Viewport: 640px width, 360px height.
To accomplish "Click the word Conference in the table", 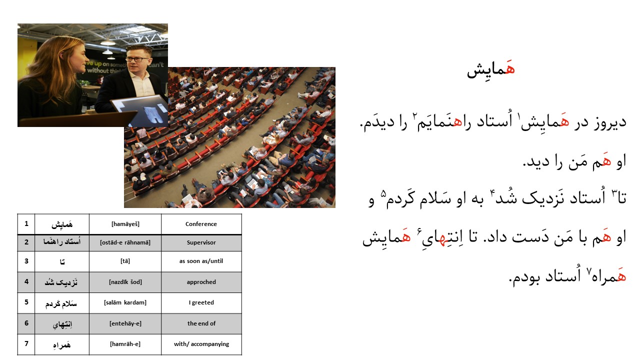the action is pos(201,224).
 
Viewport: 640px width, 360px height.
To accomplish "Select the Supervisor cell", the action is pos(201,242).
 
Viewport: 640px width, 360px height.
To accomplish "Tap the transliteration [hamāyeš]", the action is pos(125,224).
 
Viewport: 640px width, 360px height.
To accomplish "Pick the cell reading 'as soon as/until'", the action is pos(201,261).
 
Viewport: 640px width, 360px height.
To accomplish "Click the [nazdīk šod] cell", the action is pos(125,282).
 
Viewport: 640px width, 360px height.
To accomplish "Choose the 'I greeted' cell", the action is pos(201,303).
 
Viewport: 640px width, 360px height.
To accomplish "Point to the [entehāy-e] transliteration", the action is pos(125,323).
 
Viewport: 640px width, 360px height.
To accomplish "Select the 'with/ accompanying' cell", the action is pos(201,344).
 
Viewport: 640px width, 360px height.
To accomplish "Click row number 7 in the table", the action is pos(26,343).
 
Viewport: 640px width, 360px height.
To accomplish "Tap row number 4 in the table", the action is pos(26,281).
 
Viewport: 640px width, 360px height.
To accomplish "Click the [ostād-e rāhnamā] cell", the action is pos(125,242).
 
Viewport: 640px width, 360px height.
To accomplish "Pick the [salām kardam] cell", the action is pos(125,303).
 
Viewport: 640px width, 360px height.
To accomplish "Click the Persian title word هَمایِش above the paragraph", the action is pos(491,69).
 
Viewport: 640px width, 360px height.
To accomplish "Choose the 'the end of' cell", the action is pos(201,323).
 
